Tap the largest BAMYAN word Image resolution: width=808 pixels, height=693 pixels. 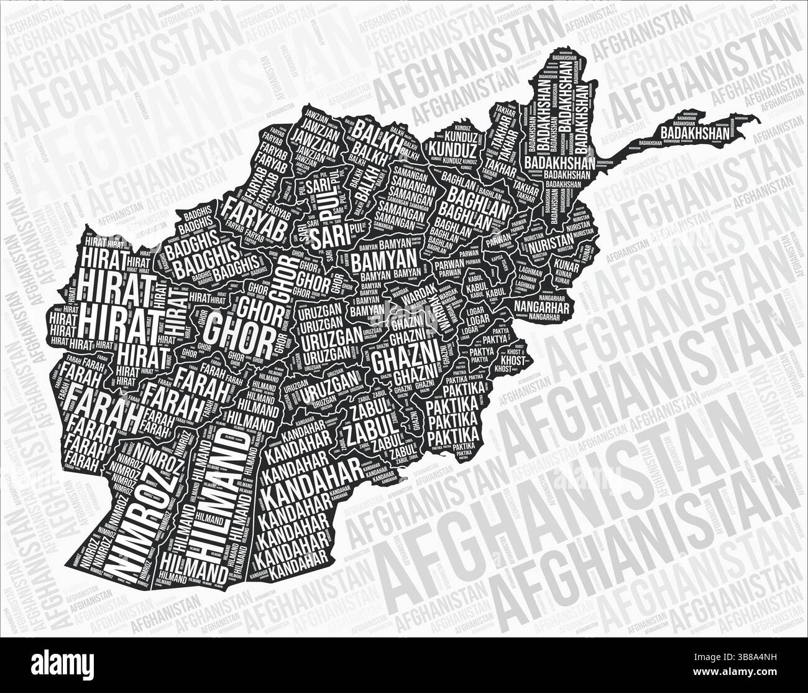coord(383,261)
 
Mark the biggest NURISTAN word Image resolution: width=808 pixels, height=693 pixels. coord(551,240)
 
